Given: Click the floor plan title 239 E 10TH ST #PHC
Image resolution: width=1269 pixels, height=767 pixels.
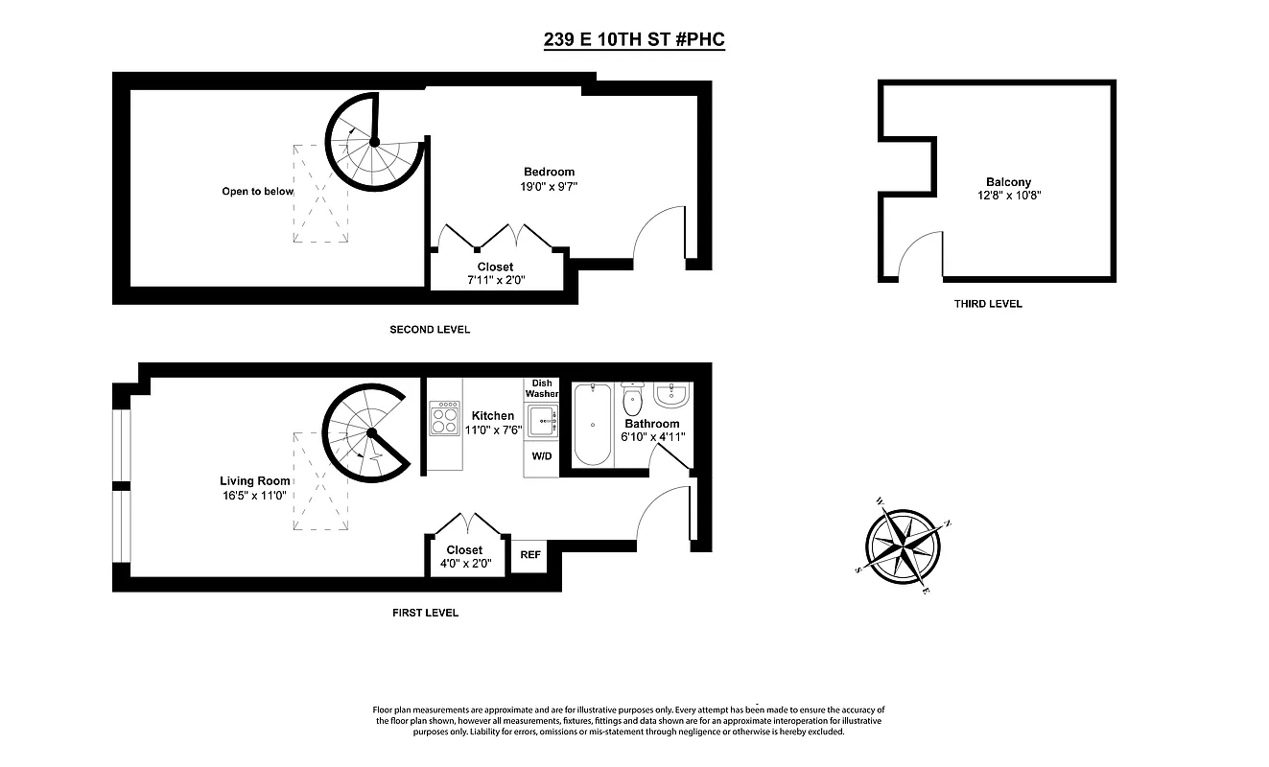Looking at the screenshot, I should [x=633, y=41].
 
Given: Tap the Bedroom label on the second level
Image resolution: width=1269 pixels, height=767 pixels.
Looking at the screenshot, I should [x=549, y=172].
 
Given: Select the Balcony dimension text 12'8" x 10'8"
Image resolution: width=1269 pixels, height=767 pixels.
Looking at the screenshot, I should [x=1008, y=195].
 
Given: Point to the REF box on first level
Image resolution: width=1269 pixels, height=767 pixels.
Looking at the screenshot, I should [x=529, y=554].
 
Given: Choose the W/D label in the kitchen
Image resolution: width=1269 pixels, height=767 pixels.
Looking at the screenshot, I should [x=541, y=455].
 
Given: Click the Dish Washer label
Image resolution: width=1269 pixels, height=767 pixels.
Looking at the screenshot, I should [x=541, y=388].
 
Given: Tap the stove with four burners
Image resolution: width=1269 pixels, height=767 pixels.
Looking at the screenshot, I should [x=444, y=418].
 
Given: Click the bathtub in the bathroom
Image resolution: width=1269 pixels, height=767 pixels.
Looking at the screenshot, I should [x=593, y=423].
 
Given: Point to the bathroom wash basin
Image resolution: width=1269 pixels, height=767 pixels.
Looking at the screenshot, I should [x=670, y=393].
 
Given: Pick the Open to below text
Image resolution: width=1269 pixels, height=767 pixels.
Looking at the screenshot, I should [x=257, y=191].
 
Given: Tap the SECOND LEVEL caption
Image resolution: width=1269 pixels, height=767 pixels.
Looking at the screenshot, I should [x=429, y=330].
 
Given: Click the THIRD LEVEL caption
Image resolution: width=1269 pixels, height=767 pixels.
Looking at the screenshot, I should [x=988, y=304].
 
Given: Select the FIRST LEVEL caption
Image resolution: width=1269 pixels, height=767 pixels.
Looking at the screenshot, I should [x=425, y=613].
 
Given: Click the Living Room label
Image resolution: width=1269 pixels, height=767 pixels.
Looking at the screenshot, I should [x=254, y=481].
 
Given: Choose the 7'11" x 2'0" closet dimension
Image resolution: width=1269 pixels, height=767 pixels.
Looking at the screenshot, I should [x=495, y=281].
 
